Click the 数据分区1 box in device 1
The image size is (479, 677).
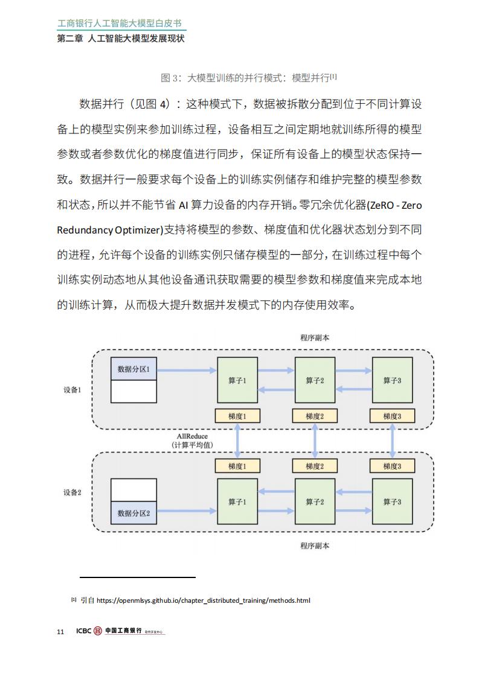133,369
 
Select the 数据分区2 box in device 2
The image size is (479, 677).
133,513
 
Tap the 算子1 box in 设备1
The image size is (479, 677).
237,380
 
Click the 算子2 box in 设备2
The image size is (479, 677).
315,501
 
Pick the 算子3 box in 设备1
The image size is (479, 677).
392,380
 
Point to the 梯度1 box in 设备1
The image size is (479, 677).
237,416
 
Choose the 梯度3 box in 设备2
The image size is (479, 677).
392,466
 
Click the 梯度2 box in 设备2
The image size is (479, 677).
315,466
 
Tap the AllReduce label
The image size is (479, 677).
192,436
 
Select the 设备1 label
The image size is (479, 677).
72,390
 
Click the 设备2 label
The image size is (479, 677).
72,492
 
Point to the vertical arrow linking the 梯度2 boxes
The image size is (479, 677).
315,441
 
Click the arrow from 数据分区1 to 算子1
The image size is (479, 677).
186,370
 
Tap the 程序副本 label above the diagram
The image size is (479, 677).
315,338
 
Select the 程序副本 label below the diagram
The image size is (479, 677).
315,545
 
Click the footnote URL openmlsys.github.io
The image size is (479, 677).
203,600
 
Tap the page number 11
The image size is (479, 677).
60,632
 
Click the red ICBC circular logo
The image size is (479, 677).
98,631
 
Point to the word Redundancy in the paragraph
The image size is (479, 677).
85,230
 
